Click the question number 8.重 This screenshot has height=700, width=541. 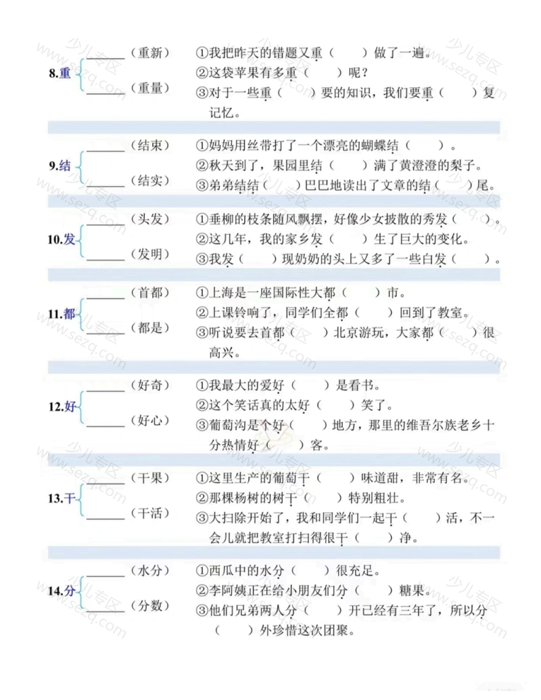60,73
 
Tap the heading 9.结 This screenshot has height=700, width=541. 60,166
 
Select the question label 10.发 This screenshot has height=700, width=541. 61,239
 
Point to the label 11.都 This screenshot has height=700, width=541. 61,314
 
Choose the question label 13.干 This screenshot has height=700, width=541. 61,498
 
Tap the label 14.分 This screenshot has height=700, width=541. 61,591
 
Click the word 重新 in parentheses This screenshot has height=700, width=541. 150,53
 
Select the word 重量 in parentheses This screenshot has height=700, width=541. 150,88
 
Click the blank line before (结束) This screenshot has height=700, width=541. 105,151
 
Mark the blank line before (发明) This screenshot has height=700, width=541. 105,260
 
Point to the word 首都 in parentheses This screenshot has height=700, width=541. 150,292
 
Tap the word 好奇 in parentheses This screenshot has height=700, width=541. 150,385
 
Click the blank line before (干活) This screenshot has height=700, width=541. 105,519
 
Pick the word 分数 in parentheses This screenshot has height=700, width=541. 150,605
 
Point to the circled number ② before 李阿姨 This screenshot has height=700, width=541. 202,590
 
